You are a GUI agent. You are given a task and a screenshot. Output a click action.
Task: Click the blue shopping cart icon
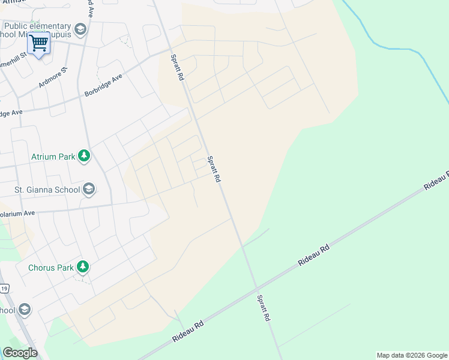(39, 43)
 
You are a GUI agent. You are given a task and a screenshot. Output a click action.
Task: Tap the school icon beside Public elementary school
(80, 29)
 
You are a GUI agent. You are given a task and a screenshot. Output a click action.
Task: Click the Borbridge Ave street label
(103, 86)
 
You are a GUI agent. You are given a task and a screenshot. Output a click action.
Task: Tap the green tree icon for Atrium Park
(84, 157)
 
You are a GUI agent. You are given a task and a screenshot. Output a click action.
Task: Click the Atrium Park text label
(53, 157)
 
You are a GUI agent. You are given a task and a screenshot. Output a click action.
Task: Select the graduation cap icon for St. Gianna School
(89, 190)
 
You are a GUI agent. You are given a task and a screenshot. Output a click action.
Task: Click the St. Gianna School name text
(47, 190)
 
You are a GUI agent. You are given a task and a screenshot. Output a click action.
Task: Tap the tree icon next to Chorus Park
(83, 267)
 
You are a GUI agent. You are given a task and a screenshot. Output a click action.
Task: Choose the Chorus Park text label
(50, 267)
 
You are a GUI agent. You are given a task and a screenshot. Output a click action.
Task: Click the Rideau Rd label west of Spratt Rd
(188, 331)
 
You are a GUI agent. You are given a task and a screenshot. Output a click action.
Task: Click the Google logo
(20, 353)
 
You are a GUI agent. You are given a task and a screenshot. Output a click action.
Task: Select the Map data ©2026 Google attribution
(412, 355)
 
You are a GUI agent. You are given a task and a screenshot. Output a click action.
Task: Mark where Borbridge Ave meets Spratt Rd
(171, 51)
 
